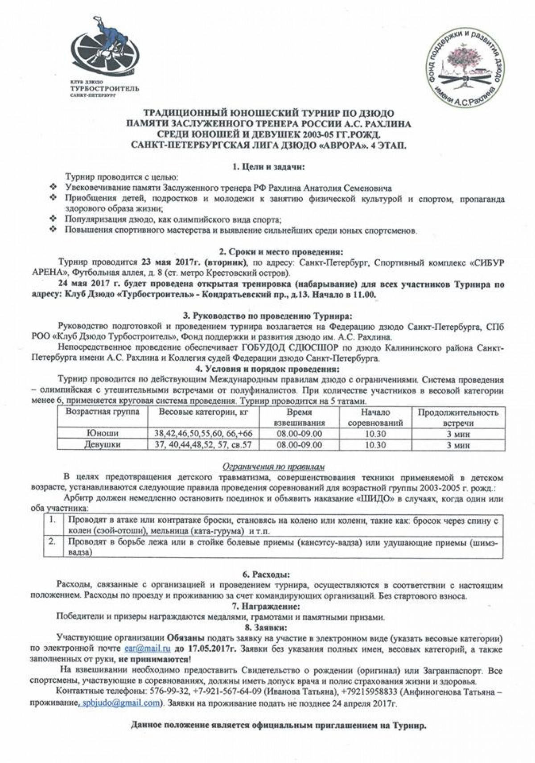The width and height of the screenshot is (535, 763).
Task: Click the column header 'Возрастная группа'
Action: point(103,412)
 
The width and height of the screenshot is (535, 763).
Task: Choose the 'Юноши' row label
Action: point(102,433)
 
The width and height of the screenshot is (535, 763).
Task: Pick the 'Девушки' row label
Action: point(102,444)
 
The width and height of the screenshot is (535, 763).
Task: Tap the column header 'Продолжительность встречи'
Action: point(458,418)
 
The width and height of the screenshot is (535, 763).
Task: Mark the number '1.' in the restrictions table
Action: point(52,520)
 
